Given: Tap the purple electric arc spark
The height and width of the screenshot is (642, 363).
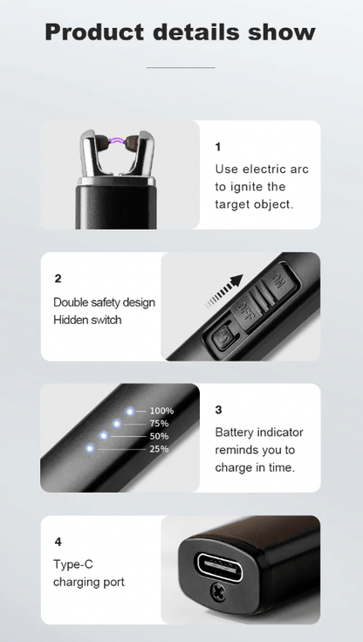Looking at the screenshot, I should [x=119, y=140].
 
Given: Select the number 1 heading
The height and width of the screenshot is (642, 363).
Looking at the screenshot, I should [x=218, y=147].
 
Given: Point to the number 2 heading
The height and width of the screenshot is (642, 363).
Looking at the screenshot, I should [x=58, y=279].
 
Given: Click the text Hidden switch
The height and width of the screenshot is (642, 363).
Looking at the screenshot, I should [x=87, y=320].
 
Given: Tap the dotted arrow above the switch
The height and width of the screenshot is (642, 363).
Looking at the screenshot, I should [x=224, y=291].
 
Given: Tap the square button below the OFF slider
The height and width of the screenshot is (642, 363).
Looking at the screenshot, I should [x=222, y=336].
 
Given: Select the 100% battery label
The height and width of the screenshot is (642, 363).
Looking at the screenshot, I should [x=161, y=411].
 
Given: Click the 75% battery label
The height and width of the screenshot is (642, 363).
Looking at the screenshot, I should [x=159, y=424].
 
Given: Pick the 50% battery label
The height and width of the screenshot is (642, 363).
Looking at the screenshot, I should [x=159, y=436].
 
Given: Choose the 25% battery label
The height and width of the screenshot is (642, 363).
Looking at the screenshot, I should [x=159, y=449].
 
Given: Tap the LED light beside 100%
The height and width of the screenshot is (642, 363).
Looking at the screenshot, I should [x=130, y=411].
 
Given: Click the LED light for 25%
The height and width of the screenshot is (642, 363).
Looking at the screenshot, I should [x=90, y=449].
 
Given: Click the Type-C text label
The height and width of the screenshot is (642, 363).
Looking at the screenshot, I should [x=72, y=564].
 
